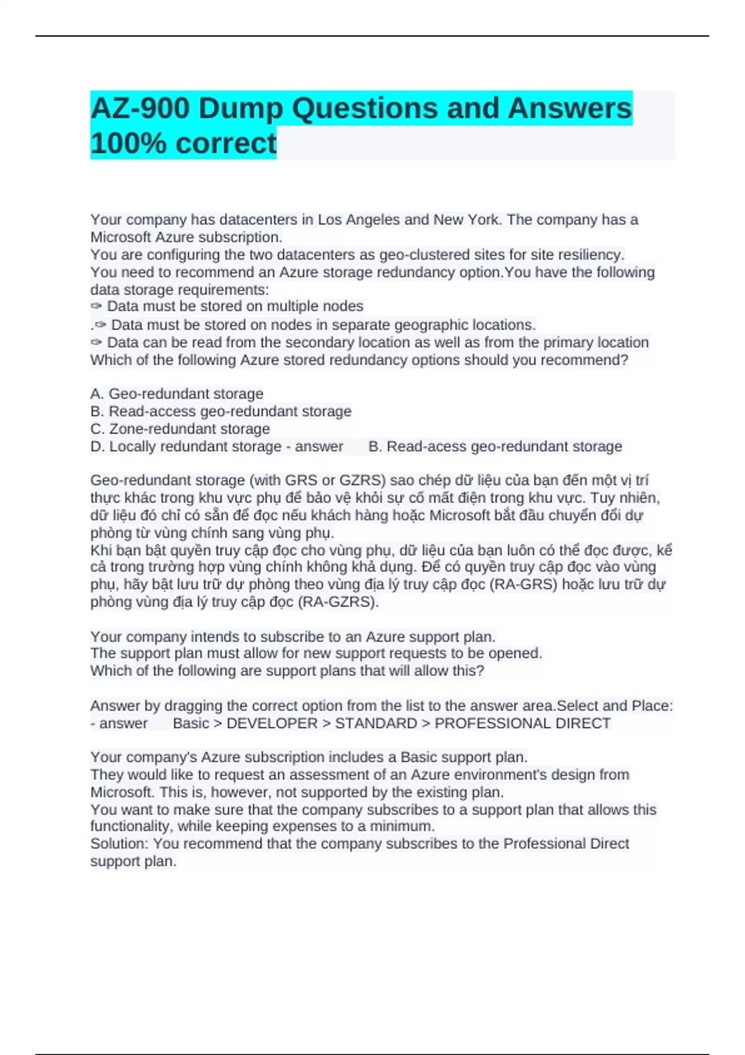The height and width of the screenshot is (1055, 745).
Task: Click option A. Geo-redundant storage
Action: (x=177, y=394)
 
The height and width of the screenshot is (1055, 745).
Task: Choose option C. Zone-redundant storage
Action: (x=180, y=429)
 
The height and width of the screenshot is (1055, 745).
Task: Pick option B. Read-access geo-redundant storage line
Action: (x=221, y=411)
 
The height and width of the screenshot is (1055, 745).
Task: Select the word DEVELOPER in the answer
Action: (x=272, y=724)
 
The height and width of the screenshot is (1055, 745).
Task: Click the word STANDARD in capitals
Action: (x=376, y=724)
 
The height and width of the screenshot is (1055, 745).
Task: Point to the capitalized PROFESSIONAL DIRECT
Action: (x=523, y=724)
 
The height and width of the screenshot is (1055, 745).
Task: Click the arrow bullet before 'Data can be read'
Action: (x=96, y=343)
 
